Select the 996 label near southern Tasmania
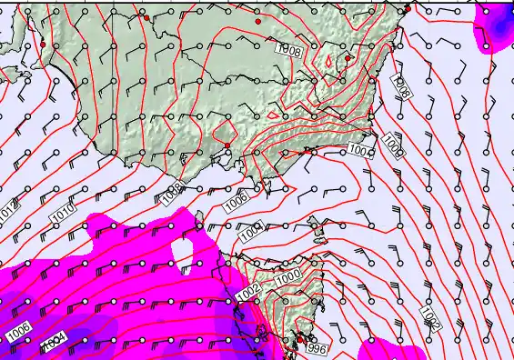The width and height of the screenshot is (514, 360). coord(316,348)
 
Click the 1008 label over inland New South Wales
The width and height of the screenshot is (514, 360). coord(290,51)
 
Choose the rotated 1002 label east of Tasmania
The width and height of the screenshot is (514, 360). coord(430,317)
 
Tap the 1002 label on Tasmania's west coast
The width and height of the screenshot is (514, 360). coord(248,288)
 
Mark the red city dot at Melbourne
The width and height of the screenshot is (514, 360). coord(227,145)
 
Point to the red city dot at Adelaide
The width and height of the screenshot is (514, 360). coord(42,44)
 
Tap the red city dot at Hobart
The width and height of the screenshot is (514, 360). coord(300,338)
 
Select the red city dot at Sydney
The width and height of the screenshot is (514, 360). coord(408,9)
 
